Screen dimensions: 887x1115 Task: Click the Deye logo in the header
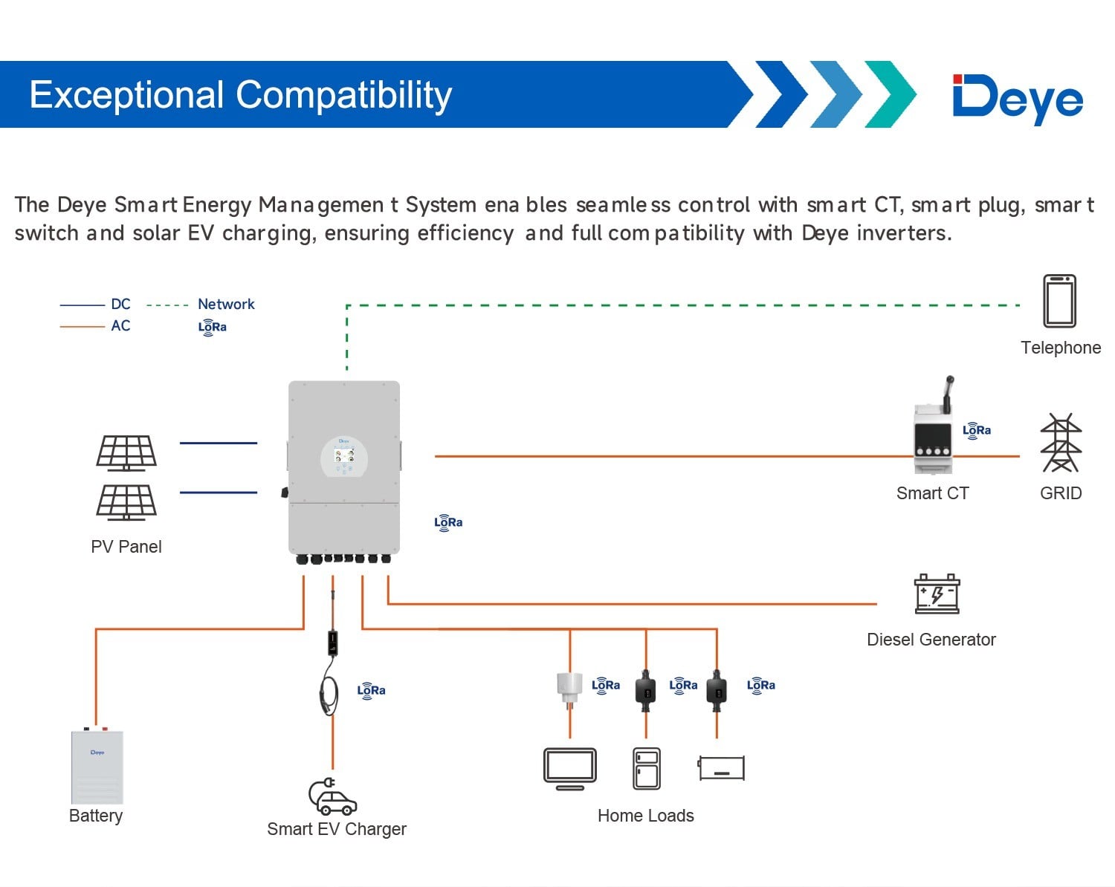tap(1018, 98)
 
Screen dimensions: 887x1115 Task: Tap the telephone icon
tap(1059, 301)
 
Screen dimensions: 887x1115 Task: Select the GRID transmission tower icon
tap(1061, 443)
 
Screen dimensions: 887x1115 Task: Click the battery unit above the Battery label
tap(97, 767)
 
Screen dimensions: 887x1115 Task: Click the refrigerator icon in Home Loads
tap(646, 769)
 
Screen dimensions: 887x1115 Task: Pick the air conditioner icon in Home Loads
tap(721, 768)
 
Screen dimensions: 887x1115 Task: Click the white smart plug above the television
tap(569, 686)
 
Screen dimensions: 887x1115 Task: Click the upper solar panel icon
tap(126, 452)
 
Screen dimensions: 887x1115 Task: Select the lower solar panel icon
tap(126, 501)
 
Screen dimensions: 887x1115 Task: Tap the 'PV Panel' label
tap(126, 547)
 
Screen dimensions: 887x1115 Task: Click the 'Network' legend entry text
tap(226, 304)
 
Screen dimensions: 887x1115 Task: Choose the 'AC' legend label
tap(120, 325)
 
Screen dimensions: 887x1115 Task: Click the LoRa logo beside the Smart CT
tap(977, 431)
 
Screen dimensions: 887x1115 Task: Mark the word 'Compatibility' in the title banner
tap(343, 95)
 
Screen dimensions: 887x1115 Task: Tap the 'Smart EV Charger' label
tap(337, 829)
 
